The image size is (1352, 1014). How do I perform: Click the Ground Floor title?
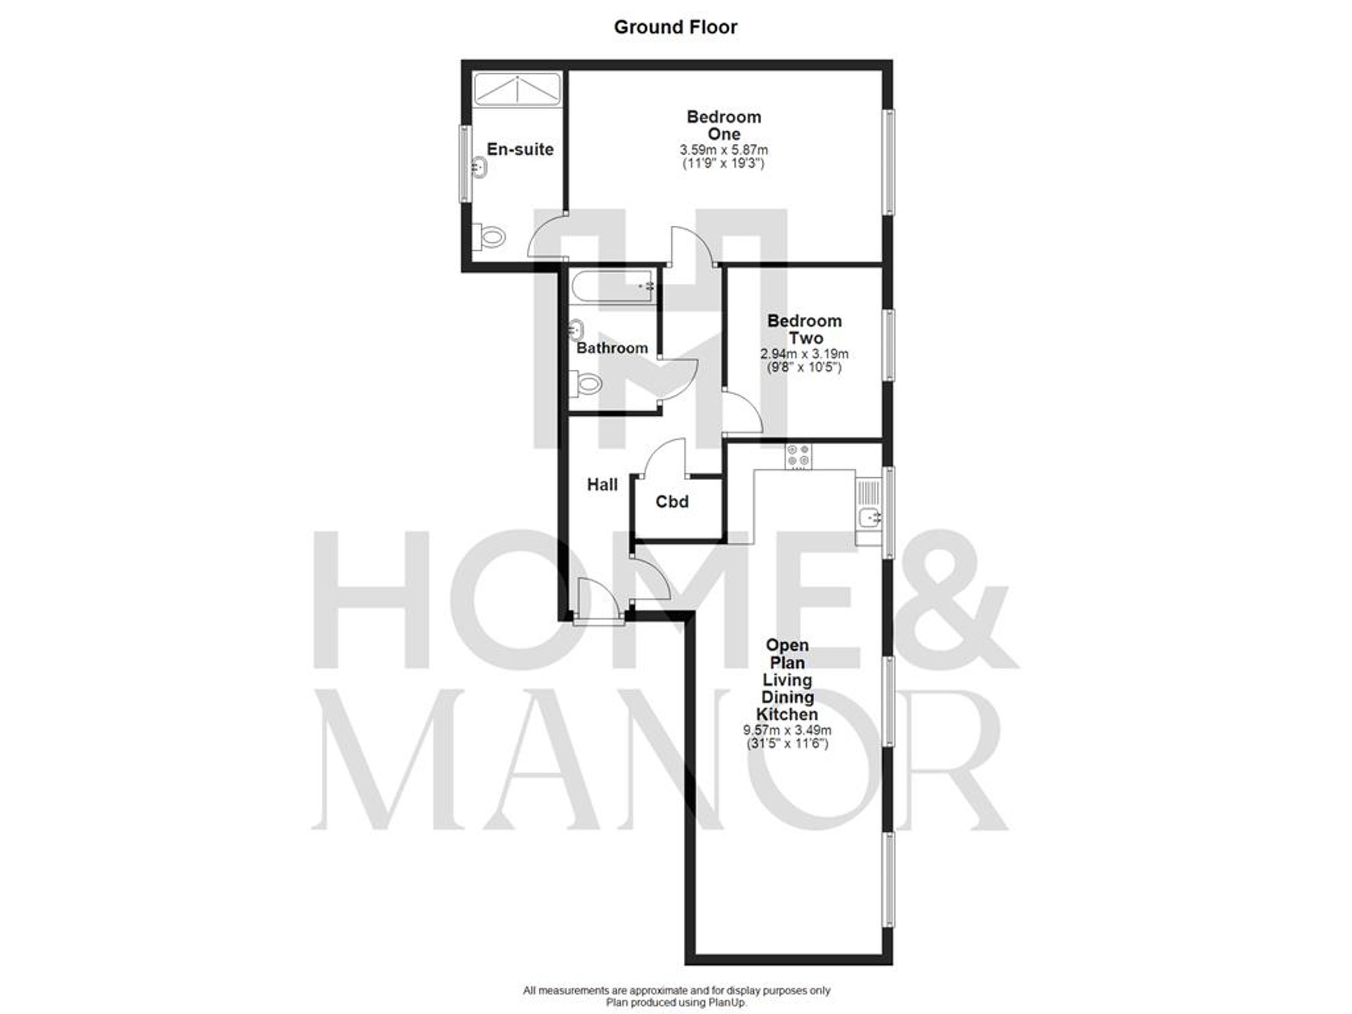coord(675,27)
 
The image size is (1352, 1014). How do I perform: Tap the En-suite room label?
coord(520,149)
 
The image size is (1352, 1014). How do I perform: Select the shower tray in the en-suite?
coord(517,89)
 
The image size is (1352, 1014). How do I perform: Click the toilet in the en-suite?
coord(492,237)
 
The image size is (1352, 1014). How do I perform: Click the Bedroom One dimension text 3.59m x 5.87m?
coord(723,150)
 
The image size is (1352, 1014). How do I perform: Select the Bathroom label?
coord(612,348)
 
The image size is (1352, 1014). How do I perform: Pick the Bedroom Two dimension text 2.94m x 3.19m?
coord(804,354)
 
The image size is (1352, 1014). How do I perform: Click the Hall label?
coord(602,485)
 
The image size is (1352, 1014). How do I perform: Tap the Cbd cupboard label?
coord(672,502)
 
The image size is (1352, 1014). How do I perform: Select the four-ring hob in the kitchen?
coord(798,456)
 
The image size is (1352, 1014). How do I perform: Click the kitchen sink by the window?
coord(869,518)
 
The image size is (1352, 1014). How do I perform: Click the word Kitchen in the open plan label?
coord(786,715)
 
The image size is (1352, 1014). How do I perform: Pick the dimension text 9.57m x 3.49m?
coord(787,730)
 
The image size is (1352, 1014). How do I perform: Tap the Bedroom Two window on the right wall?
coord(890,345)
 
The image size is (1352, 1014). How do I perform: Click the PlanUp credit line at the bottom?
coord(676,1003)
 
